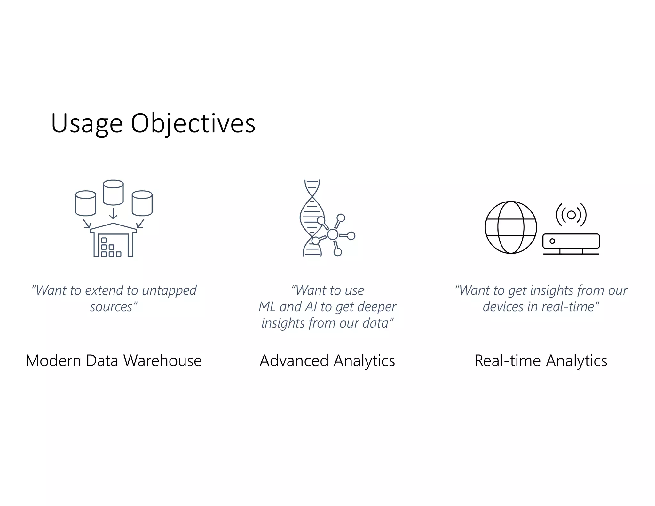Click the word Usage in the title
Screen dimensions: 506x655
[87, 124]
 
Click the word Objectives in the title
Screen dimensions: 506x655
[193, 124]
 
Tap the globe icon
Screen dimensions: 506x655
[510, 227]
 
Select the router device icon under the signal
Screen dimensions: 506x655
[571, 242]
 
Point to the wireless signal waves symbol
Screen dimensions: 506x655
[571, 215]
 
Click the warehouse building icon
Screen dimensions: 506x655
[113, 241]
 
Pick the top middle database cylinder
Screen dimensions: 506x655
[113, 192]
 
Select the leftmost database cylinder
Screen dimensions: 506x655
[86, 203]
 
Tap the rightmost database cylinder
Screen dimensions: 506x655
[142, 203]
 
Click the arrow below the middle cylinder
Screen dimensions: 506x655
[113, 214]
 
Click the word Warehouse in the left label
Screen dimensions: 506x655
[162, 361]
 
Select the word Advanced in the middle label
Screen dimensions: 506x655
[294, 361]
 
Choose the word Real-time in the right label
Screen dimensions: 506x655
[508, 361]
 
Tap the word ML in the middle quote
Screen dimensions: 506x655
[267, 307]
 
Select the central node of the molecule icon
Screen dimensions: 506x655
[333, 234]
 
